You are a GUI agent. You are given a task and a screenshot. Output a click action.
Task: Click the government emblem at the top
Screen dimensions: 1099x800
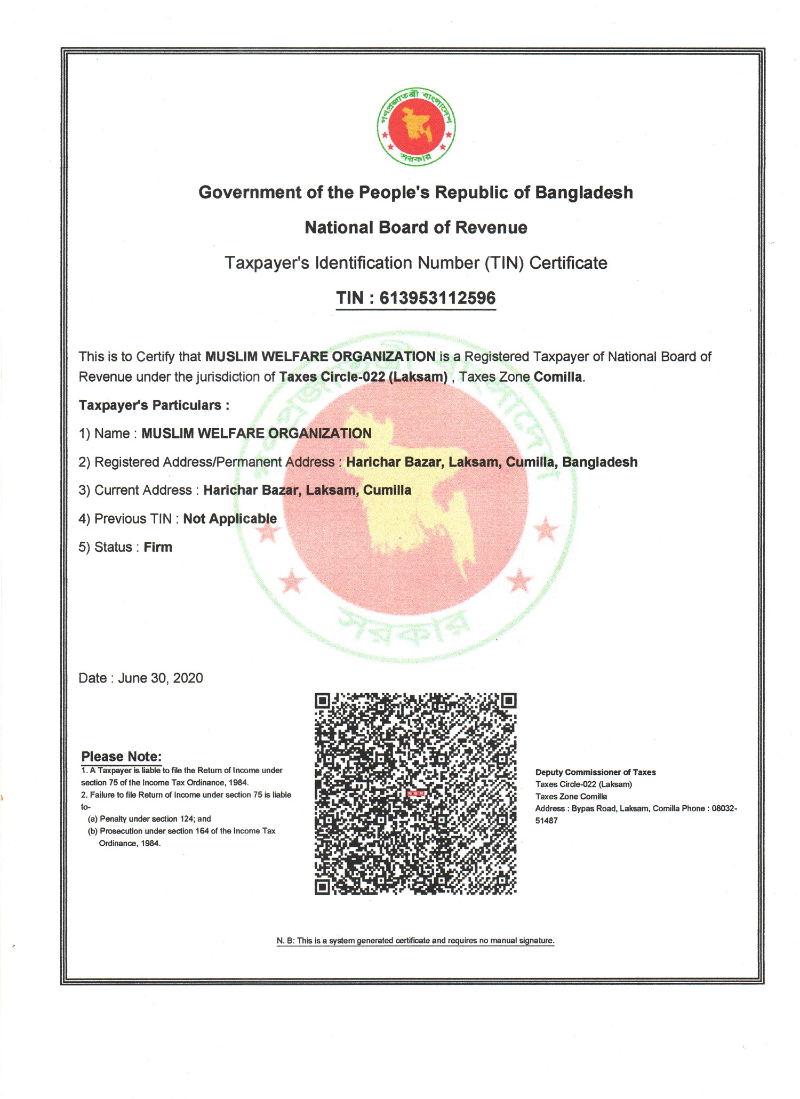415,126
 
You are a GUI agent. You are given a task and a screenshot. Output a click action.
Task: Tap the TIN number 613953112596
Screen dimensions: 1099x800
437,298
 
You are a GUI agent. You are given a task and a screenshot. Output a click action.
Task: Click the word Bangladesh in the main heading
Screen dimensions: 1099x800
583,192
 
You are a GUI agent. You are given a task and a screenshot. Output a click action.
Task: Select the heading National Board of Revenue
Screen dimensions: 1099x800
415,228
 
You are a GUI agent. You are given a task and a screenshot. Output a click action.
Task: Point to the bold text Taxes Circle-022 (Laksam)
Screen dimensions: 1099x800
363,377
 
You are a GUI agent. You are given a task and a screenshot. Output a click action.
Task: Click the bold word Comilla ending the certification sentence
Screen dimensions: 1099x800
558,377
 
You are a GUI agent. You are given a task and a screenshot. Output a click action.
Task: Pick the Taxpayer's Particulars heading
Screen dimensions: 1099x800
154,405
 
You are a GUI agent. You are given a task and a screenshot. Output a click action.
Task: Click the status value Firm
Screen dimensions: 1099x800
158,547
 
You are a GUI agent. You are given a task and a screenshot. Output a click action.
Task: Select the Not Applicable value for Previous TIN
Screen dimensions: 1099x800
230,519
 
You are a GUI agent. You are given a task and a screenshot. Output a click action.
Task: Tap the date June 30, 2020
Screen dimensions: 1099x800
161,678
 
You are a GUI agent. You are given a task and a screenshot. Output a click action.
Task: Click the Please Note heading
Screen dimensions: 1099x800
121,756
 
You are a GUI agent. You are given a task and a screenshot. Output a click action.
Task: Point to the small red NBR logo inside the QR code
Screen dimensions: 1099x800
415,793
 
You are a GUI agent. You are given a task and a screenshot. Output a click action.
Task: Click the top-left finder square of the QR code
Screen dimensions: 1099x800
322,700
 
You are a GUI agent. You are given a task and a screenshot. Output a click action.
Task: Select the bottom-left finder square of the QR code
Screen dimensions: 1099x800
322,886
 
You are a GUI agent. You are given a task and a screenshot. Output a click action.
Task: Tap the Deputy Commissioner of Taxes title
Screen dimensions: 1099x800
595,772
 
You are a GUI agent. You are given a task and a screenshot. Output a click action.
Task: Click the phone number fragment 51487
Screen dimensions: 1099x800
546,821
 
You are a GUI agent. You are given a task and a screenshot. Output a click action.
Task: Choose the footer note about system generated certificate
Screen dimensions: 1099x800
415,940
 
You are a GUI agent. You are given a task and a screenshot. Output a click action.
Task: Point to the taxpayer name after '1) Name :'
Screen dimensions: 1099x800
257,434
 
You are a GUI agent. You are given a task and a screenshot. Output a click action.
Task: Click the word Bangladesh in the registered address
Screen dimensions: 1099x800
599,462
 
